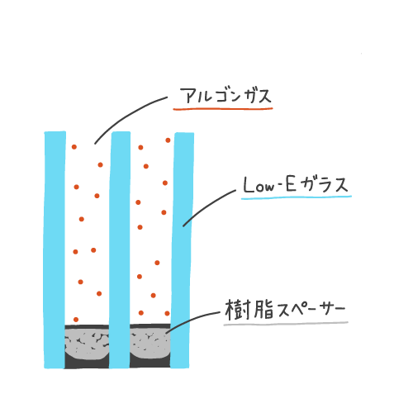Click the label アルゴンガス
pyautogui.click(x=225, y=96)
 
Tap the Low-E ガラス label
pyautogui.click(x=296, y=184)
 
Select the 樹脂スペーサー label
pyautogui.click(x=285, y=310)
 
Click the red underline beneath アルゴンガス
pyautogui.click(x=223, y=109)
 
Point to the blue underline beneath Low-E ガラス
pyautogui.click(x=297, y=197)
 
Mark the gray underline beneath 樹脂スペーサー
pyautogui.click(x=286, y=324)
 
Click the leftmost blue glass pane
pyautogui.click(x=55, y=249)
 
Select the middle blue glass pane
pyautogui.click(x=120, y=249)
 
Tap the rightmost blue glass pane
pyautogui.click(x=182, y=250)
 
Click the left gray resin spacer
pyautogui.click(x=87, y=344)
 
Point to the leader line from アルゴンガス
pyautogui.click(x=126, y=113)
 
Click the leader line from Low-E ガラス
pyautogui.click(x=207, y=205)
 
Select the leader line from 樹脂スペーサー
pyautogui.click(x=190, y=320)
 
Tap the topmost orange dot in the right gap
pyautogui.click(x=168, y=140)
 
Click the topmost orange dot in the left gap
pyautogui.click(x=74, y=147)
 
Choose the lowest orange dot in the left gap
pyautogui.click(x=76, y=320)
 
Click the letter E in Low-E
pyautogui.click(x=291, y=183)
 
